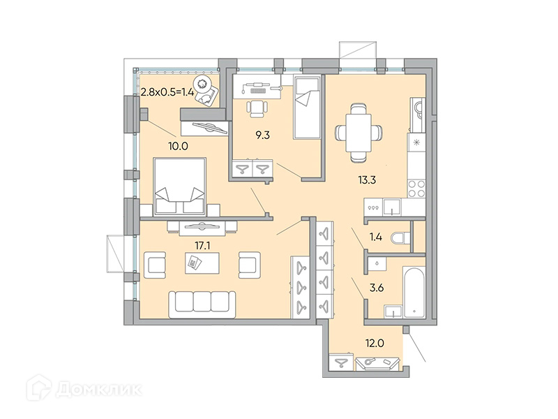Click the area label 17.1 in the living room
tap(202, 245)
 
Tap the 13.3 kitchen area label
tap(367, 179)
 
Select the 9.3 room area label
tap(263, 135)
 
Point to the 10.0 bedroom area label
tap(179, 146)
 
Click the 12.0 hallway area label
tap(375, 343)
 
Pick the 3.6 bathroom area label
tap(377, 287)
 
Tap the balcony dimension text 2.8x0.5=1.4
tap(167, 92)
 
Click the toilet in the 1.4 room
tap(400, 238)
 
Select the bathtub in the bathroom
tap(414, 291)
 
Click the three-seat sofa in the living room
tap(202, 304)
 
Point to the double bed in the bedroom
tap(180, 186)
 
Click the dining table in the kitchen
tap(359, 133)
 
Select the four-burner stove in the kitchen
tap(416, 189)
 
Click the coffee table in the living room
tap(202, 263)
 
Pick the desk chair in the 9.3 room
tap(257, 108)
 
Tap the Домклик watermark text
tap(99, 389)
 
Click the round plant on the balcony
tap(203, 84)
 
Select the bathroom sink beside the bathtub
tap(393, 311)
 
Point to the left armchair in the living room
tap(155, 265)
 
